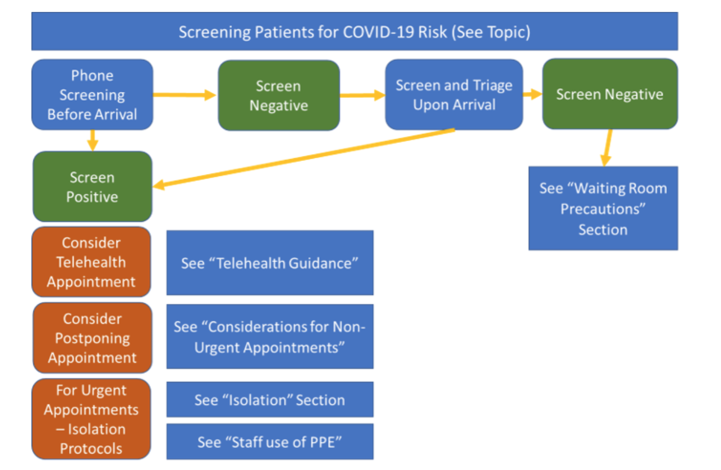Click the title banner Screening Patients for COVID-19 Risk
click(354, 31)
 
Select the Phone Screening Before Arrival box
click(92, 94)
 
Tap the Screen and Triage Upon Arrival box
click(454, 94)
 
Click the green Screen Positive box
click(92, 186)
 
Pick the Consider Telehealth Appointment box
click(92, 262)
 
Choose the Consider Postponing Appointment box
click(92, 338)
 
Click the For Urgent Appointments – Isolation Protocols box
click(92, 419)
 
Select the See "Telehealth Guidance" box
click(270, 263)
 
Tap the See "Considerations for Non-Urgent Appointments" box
click(270, 337)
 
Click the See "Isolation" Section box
click(270, 399)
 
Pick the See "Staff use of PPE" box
click(270, 442)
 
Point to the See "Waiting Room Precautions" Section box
click(603, 208)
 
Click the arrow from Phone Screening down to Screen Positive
click(93, 140)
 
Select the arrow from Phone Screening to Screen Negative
click(184, 94)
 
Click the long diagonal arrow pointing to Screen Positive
click(304, 158)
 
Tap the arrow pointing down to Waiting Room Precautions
click(607, 147)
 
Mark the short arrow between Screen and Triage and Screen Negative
click(533, 94)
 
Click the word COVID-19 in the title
click(379, 32)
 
